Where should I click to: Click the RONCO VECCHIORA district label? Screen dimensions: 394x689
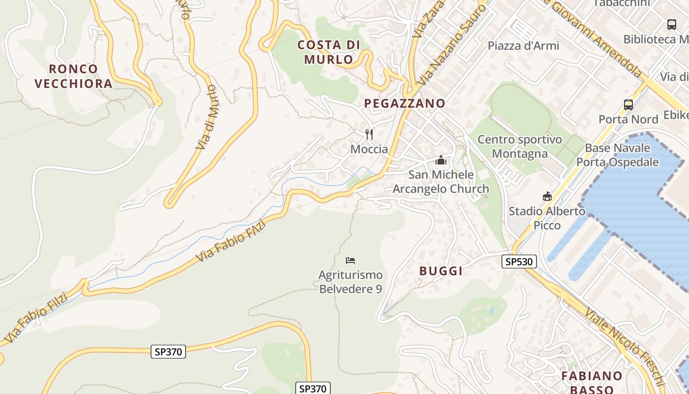pos(74,76)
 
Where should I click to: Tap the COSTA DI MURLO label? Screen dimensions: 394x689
pos(329,52)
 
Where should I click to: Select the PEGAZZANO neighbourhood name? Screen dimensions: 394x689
pos(405,103)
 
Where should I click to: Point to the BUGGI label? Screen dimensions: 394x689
pos(441,271)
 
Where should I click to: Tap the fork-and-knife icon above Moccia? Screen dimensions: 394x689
pos(369,134)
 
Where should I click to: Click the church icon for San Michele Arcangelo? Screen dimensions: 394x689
pos(440,160)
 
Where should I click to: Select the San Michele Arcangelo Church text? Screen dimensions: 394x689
pos(440,182)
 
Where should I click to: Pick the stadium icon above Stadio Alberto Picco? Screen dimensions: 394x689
pos(547,197)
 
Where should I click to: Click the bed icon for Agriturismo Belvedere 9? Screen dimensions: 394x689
pos(350,260)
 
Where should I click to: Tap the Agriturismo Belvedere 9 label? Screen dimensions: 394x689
pos(350,282)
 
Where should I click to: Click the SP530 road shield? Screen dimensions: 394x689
pos(519,262)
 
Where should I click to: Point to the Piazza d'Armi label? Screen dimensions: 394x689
pos(523,46)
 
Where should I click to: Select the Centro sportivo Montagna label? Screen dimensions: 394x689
pos(520,147)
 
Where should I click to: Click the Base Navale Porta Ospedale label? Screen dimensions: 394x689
pos(617,155)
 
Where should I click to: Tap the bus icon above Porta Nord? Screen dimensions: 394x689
pos(628,104)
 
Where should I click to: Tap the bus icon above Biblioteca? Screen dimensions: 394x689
pos(671,24)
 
